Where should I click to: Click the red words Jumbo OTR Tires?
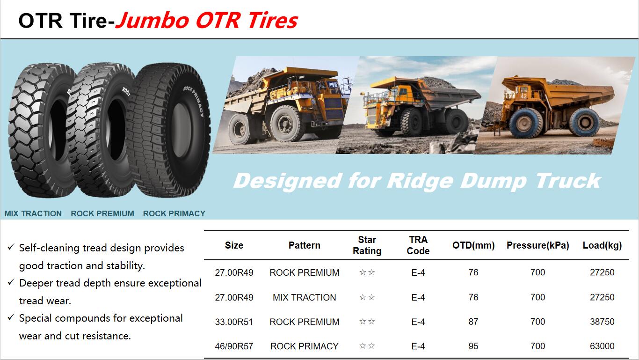click(x=207, y=21)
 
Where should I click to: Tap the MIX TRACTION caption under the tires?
click(x=33, y=213)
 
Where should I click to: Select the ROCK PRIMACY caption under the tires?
click(x=174, y=213)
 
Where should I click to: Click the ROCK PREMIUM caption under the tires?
click(x=102, y=213)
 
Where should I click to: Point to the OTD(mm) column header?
click(x=473, y=245)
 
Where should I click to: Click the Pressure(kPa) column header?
click(x=538, y=245)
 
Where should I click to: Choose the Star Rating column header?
click(x=367, y=245)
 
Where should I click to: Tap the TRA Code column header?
click(x=418, y=245)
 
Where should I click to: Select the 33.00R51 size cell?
click(x=234, y=322)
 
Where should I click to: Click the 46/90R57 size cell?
click(x=234, y=346)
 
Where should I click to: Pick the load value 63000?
click(x=602, y=346)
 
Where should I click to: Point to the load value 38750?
click(x=602, y=322)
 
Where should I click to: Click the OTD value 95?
click(x=473, y=346)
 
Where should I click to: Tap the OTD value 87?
click(x=473, y=322)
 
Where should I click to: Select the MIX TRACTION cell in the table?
click(x=305, y=297)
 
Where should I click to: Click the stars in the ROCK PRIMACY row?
click(x=367, y=346)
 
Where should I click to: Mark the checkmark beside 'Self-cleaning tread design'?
click(x=11, y=247)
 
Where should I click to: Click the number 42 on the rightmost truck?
click(x=523, y=96)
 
